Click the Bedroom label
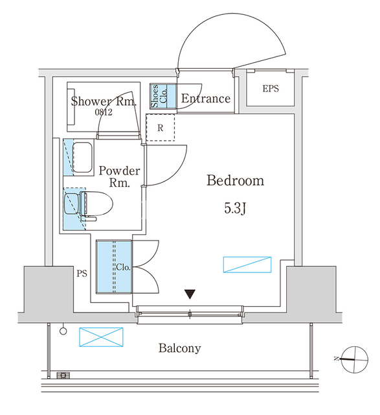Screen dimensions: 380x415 (x=235, y=180)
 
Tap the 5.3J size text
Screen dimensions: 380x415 (x=235, y=207)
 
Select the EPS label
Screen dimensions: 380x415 (x=271, y=88)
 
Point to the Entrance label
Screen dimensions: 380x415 (x=206, y=99)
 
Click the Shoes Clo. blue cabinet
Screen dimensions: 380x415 (x=162, y=96)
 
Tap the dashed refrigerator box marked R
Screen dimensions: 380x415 (x=161, y=128)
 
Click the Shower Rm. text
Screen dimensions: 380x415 (x=104, y=101)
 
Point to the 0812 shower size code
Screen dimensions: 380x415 (x=104, y=112)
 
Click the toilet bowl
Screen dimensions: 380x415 (x=96, y=204)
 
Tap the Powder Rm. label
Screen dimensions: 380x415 (x=120, y=176)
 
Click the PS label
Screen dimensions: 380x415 (x=82, y=274)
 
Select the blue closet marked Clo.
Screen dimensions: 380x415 (x=114, y=267)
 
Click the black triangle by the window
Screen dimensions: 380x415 (x=190, y=294)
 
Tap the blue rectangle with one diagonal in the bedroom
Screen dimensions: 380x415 (x=247, y=265)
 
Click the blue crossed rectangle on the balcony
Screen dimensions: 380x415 (x=101, y=337)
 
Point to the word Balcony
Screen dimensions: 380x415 (x=180, y=348)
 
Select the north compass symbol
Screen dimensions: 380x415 (x=354, y=359)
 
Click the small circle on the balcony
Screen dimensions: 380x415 (x=63, y=331)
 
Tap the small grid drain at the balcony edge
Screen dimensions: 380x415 (x=63, y=375)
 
